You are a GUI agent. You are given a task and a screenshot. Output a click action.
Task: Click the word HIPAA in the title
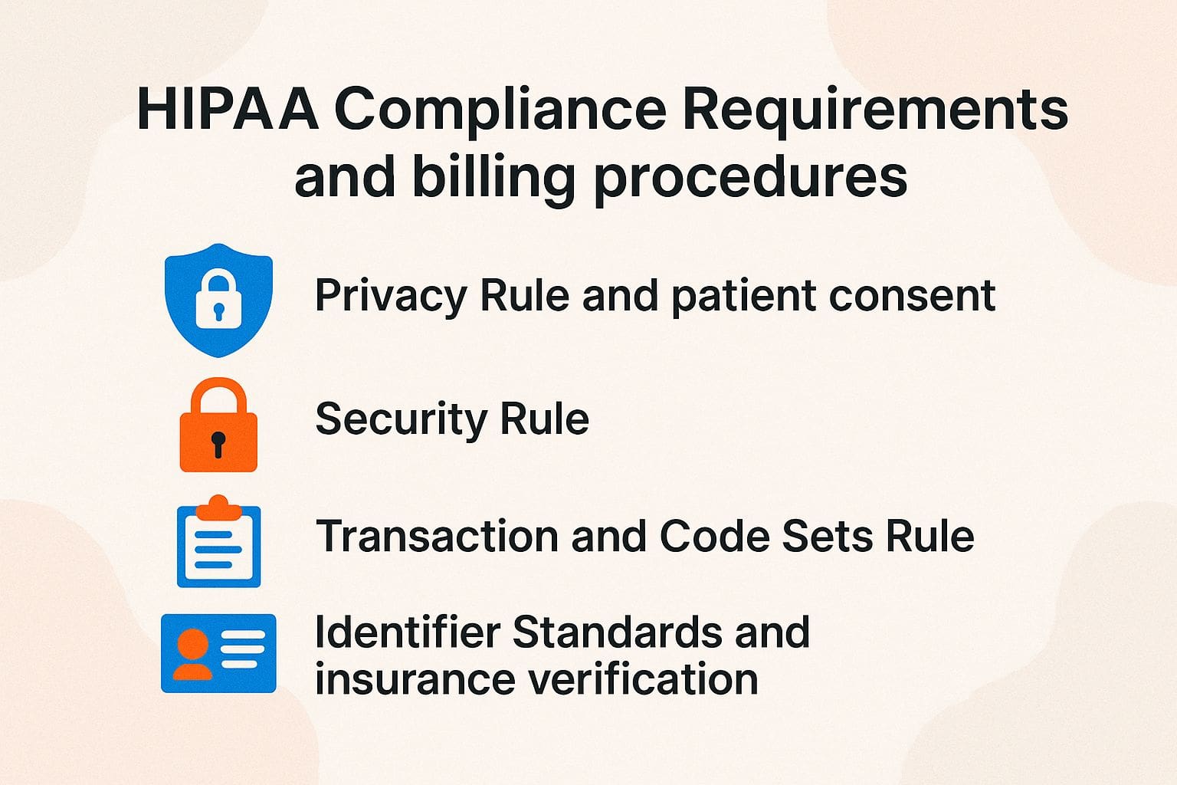point(228,110)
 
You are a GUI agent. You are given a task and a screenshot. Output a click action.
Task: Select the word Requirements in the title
point(875,110)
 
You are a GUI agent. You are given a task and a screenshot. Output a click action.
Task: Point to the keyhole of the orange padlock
point(218,443)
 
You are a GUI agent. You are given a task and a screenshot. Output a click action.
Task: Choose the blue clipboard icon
point(218,544)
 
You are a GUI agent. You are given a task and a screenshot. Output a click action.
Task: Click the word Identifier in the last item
point(408,632)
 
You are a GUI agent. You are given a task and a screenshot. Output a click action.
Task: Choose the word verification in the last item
point(644,679)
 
